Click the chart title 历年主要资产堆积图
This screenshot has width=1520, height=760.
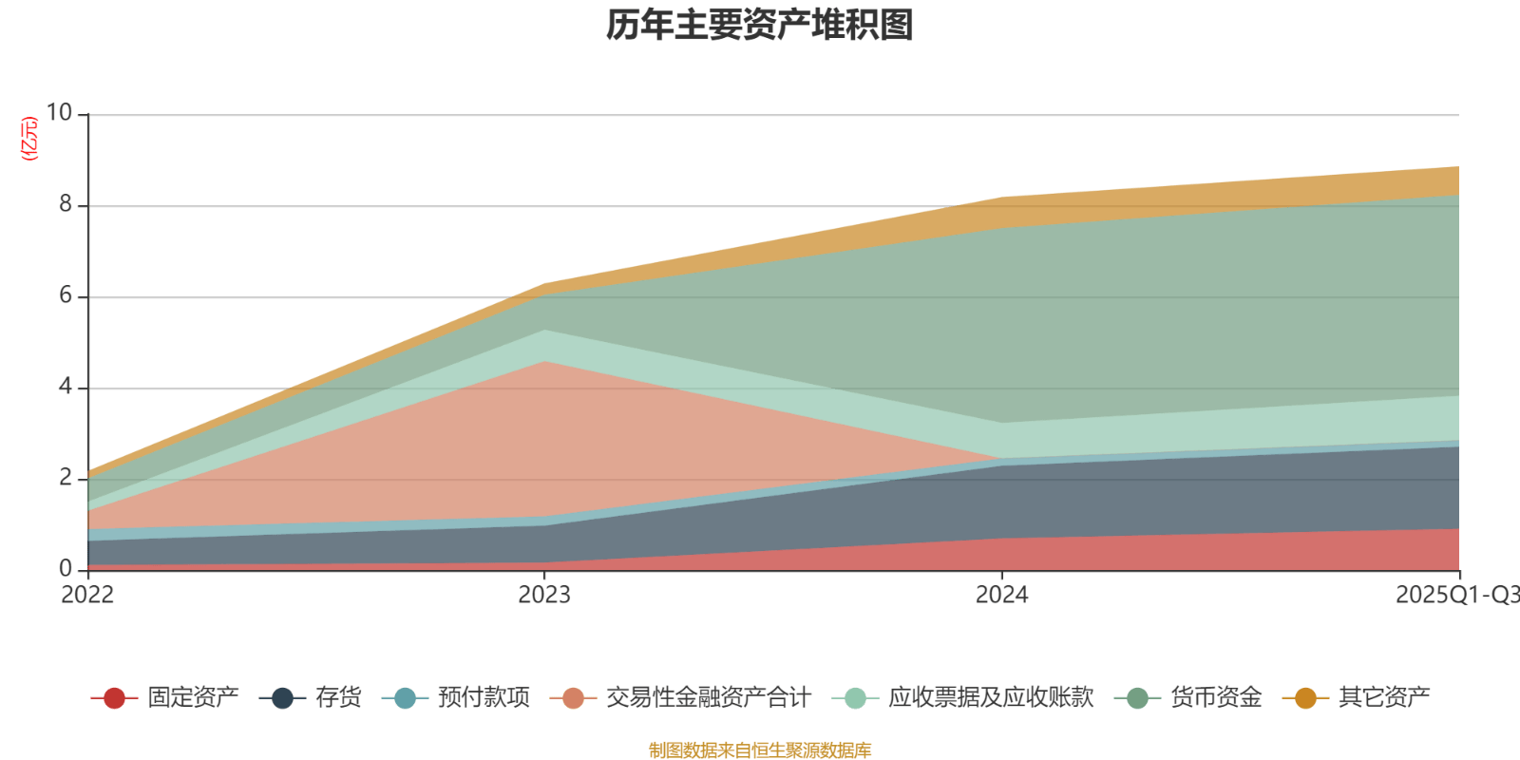pyautogui.click(x=760, y=26)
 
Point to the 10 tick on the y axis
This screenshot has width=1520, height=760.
pyautogui.click(x=59, y=113)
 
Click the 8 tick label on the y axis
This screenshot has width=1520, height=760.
pyautogui.click(x=66, y=204)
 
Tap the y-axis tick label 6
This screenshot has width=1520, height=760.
pyautogui.click(x=66, y=295)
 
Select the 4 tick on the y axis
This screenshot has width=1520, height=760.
pyautogui.click(x=66, y=387)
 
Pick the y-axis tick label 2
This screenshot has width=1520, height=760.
pyautogui.click(x=66, y=478)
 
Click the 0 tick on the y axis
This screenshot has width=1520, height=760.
pyautogui.click(x=66, y=568)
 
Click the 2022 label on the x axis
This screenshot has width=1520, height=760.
pyautogui.click(x=87, y=595)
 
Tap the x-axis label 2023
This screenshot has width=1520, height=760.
pyautogui.click(x=544, y=595)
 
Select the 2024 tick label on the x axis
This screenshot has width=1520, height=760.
pyautogui.click(x=1001, y=595)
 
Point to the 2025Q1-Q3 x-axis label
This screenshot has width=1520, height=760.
pyautogui.click(x=1456, y=595)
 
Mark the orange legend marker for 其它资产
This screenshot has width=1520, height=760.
pyautogui.click(x=1305, y=698)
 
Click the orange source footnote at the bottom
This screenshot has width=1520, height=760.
pyautogui.click(x=760, y=750)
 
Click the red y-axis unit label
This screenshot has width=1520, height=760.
pyautogui.click(x=29, y=139)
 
